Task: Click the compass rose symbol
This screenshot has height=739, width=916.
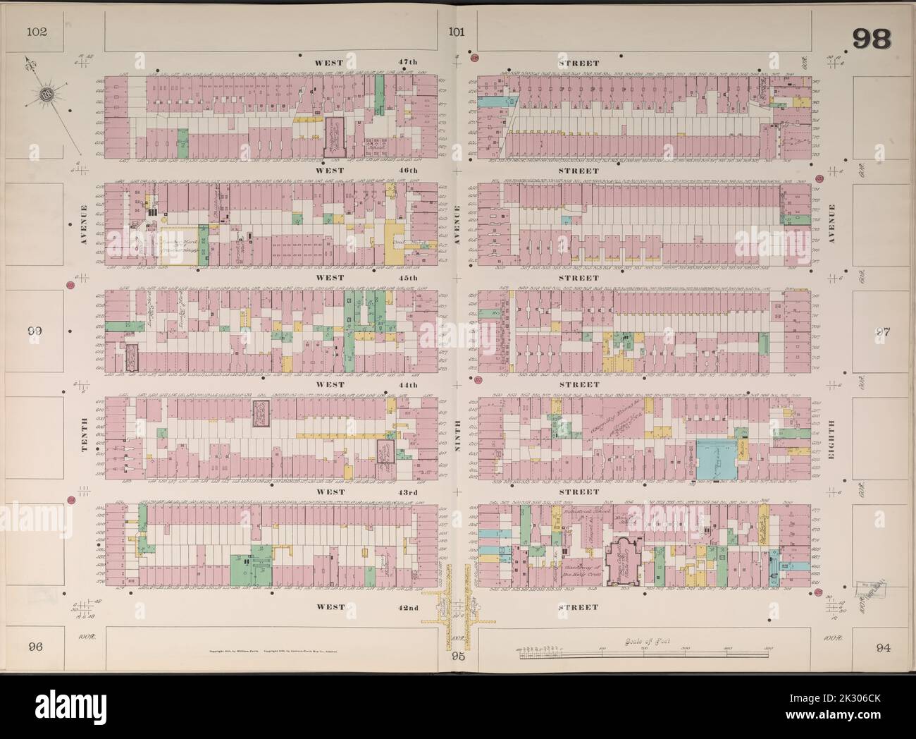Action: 47,94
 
